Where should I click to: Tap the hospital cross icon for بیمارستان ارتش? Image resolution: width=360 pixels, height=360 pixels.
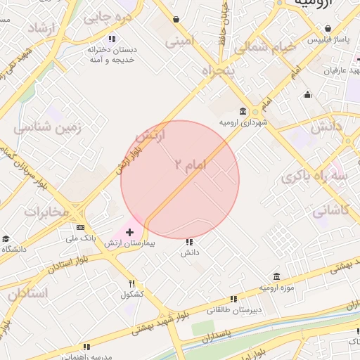pyautogui.click(x=129, y=231)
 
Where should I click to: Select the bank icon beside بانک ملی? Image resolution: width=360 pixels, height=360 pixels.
pyautogui.click(x=81, y=227)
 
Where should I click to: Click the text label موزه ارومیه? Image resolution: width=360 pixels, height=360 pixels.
pyautogui.click(x=276, y=288)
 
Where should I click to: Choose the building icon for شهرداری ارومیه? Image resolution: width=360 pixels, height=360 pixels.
pyautogui.click(x=243, y=111)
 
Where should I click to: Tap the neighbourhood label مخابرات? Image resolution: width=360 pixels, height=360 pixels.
pyautogui.click(x=46, y=211)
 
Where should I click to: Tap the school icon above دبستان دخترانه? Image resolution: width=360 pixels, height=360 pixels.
pyautogui.click(x=111, y=39)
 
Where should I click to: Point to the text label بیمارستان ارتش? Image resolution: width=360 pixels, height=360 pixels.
pyautogui.click(x=132, y=243)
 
